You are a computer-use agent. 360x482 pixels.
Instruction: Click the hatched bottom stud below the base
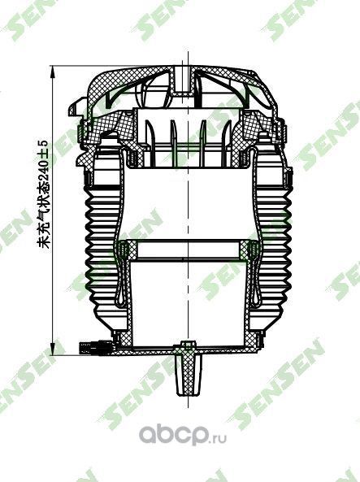point(187,373)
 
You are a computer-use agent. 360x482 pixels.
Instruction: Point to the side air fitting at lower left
point(91,348)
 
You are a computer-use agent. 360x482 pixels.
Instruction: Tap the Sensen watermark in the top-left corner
point(20,20)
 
